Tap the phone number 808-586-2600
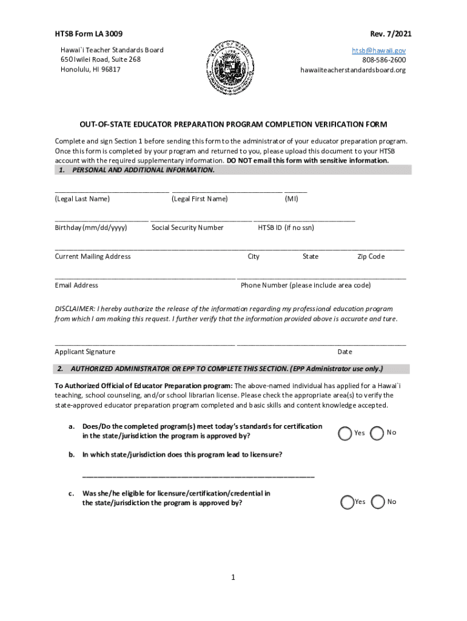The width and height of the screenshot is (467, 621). pyautogui.click(x=384, y=60)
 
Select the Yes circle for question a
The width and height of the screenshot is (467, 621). pyautogui.click(x=345, y=433)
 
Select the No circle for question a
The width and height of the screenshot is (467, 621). pyautogui.click(x=377, y=433)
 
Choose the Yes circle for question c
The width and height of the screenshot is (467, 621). pyautogui.click(x=347, y=502)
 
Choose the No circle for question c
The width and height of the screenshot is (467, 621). pyautogui.click(x=378, y=502)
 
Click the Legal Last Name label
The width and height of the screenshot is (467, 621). pyautogui.click(x=82, y=199)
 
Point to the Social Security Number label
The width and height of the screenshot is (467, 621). pyautogui.click(x=187, y=227)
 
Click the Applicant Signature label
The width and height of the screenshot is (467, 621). pyautogui.click(x=85, y=352)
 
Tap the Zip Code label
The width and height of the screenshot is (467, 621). pyautogui.click(x=371, y=257)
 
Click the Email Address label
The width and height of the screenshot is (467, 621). pyautogui.click(x=76, y=285)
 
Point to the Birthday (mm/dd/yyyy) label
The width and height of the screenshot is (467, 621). pyautogui.click(x=91, y=227)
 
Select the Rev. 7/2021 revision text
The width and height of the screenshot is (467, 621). pyautogui.click(x=386, y=33)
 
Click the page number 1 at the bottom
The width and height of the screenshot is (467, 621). pyautogui.click(x=233, y=577)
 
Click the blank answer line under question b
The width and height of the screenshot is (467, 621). pyautogui.click(x=198, y=476)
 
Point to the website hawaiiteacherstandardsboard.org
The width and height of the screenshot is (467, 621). pyautogui.click(x=353, y=70)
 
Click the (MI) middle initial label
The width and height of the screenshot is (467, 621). pyautogui.click(x=292, y=199)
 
